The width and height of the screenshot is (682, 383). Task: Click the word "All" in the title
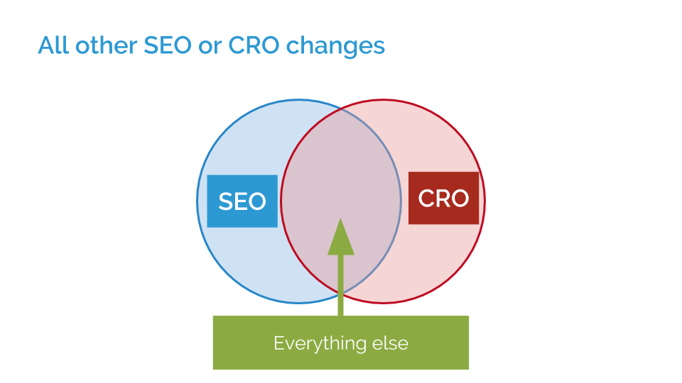click(53, 46)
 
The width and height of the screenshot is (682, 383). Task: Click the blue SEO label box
click(242, 201)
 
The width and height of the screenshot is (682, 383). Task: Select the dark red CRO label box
click(443, 199)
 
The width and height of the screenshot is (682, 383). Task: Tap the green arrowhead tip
click(341, 220)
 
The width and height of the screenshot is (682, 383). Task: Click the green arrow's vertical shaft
click(341, 284)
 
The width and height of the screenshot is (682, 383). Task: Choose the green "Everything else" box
click(341, 343)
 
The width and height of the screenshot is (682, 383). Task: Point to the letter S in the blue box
click(225, 202)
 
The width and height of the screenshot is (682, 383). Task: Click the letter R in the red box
click(443, 199)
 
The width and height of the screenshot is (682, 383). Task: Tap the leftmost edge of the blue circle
click(197, 201)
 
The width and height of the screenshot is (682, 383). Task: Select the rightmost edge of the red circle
click(485, 201)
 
